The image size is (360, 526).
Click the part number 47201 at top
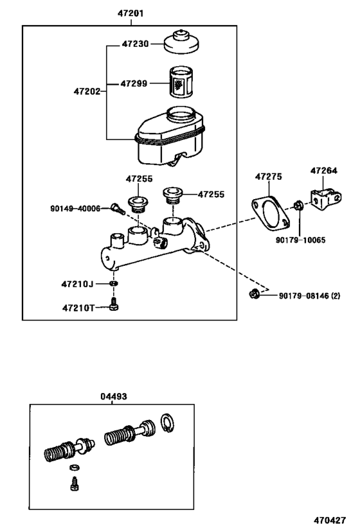click(x=130, y=13)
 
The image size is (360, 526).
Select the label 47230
click(x=136, y=44)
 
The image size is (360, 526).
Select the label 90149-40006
click(x=76, y=209)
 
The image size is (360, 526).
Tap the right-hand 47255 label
click(x=211, y=193)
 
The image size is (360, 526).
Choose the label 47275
click(x=268, y=175)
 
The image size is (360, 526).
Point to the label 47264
click(x=323, y=171)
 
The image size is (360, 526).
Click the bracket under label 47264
click(x=325, y=199)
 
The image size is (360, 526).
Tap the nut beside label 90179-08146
click(x=255, y=295)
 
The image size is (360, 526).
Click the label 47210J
click(x=78, y=283)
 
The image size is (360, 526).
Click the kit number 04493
click(x=114, y=397)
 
